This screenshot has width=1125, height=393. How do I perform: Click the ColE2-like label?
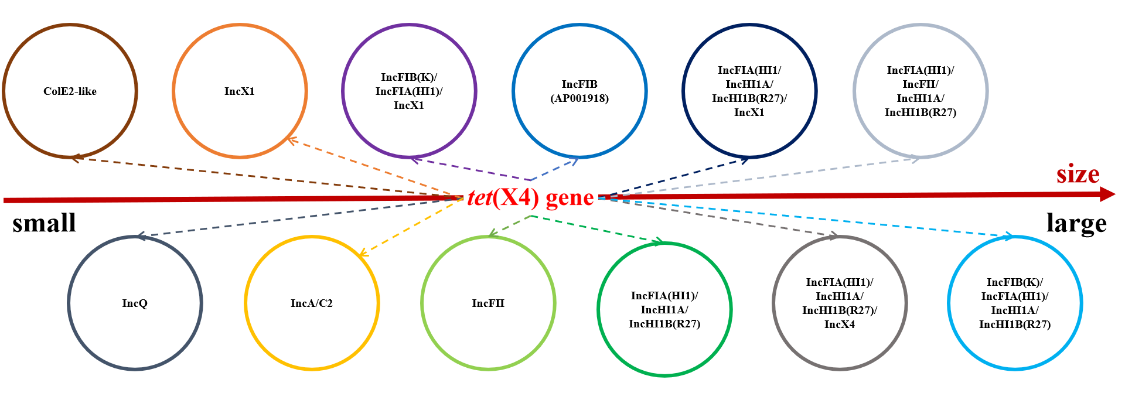pos(70,91)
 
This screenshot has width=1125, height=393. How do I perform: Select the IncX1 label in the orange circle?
pos(240,91)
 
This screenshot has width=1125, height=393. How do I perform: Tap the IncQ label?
pos(135,303)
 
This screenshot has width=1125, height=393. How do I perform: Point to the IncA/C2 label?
pos(312,303)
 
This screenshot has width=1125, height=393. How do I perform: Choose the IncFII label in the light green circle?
pos(488,303)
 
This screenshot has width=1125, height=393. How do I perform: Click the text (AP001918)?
pos(579,98)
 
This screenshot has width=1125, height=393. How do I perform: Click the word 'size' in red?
pos(1078,175)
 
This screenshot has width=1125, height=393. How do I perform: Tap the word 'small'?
pos(45,223)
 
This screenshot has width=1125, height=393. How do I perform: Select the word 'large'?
pos(1076,223)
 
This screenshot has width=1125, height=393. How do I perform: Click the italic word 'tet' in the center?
pos(479,198)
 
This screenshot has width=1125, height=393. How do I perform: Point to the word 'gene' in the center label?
pos(570,198)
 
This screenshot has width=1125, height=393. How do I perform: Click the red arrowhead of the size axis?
pos(1107,194)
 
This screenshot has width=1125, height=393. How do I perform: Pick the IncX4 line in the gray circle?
pos(840,324)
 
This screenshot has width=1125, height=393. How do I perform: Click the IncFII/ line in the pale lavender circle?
pos(921,84)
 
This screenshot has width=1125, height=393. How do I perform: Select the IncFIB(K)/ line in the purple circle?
pos(409,77)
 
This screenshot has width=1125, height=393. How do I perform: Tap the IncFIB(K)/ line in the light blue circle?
pos(1015,282)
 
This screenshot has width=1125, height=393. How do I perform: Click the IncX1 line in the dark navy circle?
pos(749,112)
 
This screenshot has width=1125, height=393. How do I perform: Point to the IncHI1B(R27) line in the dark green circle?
pos(664,324)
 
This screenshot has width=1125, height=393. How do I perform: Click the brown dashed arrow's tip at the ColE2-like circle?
pos(73,158)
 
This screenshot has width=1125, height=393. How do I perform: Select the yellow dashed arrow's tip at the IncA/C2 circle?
pos(362,254)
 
